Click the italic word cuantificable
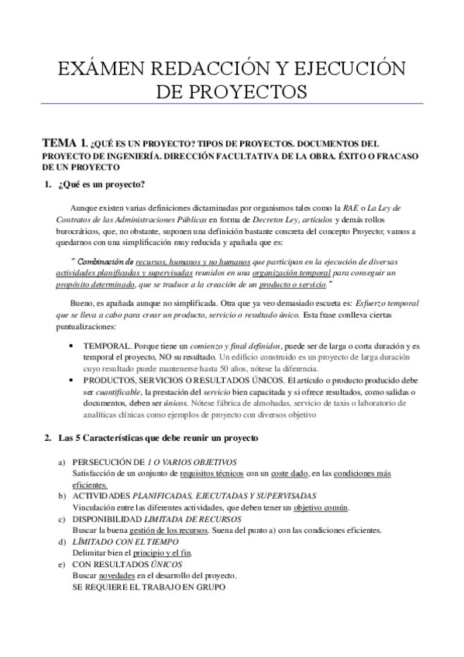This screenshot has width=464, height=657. click(x=121, y=393)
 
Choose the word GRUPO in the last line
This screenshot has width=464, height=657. click(x=207, y=589)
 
